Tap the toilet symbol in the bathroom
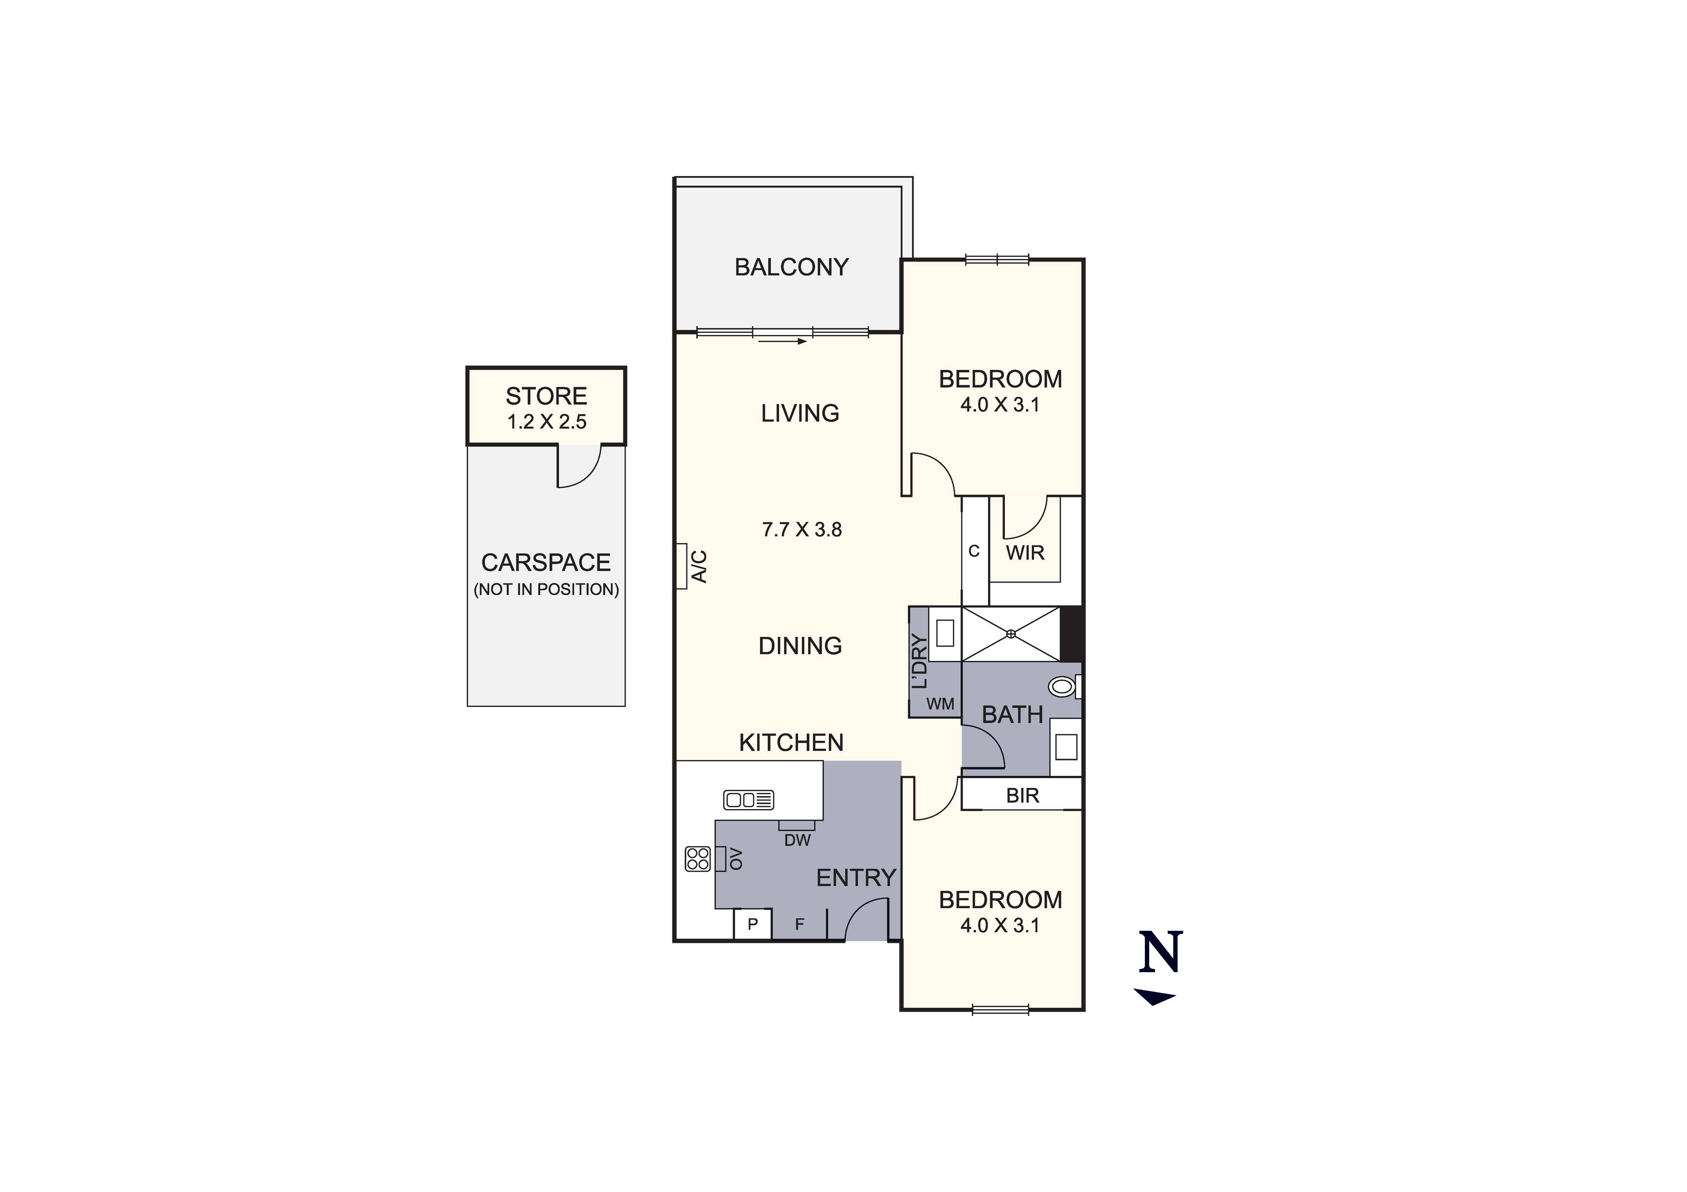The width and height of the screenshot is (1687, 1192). (1061, 687)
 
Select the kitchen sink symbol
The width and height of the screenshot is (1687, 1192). (748, 799)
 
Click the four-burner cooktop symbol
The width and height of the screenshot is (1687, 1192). (698, 858)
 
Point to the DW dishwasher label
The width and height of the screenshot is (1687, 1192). (797, 840)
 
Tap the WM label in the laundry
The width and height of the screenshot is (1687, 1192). (940, 704)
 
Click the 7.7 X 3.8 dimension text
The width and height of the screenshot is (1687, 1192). (801, 529)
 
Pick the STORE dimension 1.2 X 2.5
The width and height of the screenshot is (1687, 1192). (546, 422)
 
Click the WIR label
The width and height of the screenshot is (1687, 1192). (1025, 553)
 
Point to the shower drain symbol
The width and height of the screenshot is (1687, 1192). (1011, 634)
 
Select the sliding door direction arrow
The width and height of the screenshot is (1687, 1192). (783, 341)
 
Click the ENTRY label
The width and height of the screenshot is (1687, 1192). (856, 877)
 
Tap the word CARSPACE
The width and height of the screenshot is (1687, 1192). (546, 563)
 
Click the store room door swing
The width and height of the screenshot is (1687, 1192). (579, 466)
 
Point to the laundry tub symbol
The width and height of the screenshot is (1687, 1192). (945, 633)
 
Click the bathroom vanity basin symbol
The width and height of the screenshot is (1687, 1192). (1065, 748)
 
